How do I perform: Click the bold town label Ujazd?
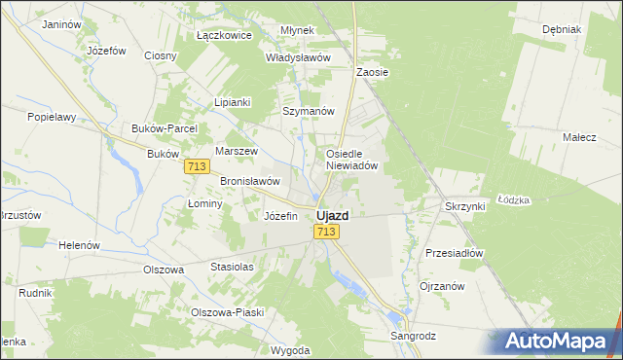333,215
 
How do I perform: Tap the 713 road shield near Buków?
196,167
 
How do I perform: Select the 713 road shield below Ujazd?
326,232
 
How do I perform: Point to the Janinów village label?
61,23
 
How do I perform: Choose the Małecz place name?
579,137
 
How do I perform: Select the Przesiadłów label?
455,252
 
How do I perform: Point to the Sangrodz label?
414,336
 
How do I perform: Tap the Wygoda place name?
291,349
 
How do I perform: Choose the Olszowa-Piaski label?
228,312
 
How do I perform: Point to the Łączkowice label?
224,35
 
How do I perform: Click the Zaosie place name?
373,72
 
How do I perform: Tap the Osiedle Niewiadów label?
357,160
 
